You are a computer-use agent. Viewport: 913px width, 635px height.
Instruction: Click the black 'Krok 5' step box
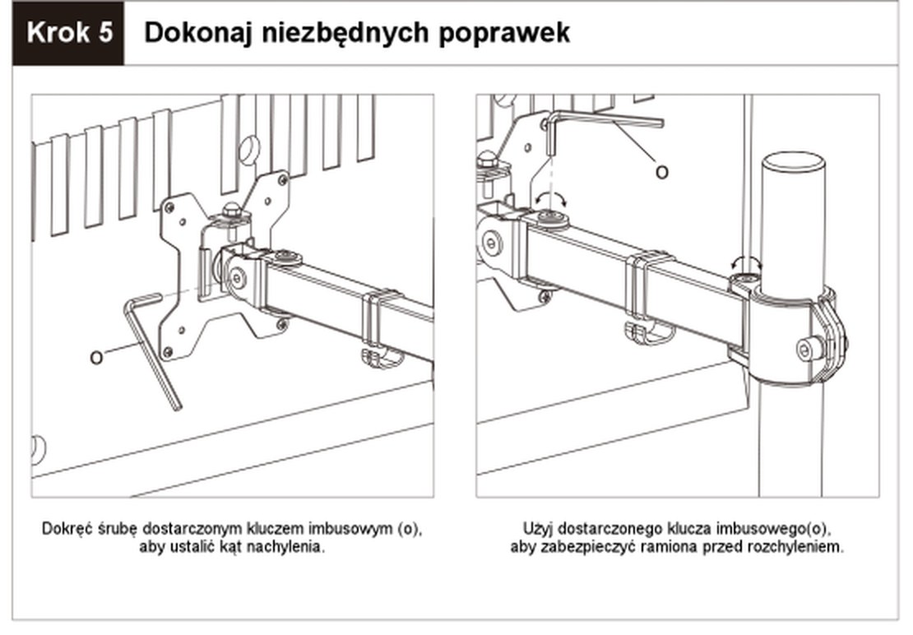click(67, 33)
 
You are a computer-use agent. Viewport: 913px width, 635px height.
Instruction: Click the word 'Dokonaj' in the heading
click(198, 33)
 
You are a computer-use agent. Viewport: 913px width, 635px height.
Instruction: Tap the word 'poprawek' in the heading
click(504, 34)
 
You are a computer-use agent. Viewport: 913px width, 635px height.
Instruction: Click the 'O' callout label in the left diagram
click(96, 357)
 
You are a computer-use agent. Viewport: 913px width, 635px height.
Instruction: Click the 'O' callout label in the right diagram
click(661, 172)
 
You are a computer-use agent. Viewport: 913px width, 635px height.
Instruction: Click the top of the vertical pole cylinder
click(794, 160)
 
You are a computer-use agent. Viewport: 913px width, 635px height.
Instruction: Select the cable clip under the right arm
click(649, 332)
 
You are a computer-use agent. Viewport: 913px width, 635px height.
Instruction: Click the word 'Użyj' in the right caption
click(535, 530)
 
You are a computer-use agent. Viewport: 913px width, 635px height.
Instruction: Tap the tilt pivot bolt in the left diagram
click(236, 278)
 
